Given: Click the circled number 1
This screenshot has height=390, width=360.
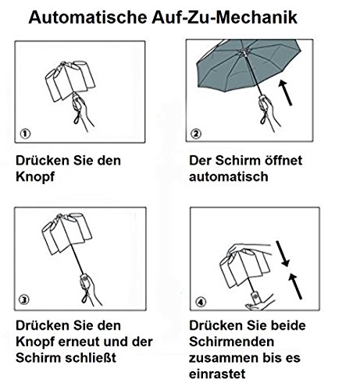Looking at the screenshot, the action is point(25,133).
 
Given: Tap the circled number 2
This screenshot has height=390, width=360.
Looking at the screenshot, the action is point(196,133).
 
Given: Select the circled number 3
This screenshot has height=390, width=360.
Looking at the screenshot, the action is point(24,300).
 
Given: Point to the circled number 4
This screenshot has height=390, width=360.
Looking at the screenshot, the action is point(201,302).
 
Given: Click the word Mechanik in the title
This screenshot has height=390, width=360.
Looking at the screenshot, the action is point(256,17).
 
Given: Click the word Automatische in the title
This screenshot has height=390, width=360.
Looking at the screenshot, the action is point(87,17).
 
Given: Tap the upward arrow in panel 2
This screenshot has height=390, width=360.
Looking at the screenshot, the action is point(285,93).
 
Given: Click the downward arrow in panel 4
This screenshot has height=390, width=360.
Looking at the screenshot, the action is point(283,253).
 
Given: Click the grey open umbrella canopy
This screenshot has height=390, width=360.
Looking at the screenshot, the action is point(248,65).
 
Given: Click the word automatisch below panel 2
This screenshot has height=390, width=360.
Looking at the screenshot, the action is point(229,177).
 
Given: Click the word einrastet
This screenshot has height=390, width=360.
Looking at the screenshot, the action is point(217,374).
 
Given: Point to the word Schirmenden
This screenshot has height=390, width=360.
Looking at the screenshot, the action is point(231,342).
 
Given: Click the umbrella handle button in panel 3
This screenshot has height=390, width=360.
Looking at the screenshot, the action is point(84,278).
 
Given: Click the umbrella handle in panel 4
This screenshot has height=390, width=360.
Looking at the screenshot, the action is point(255,298).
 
